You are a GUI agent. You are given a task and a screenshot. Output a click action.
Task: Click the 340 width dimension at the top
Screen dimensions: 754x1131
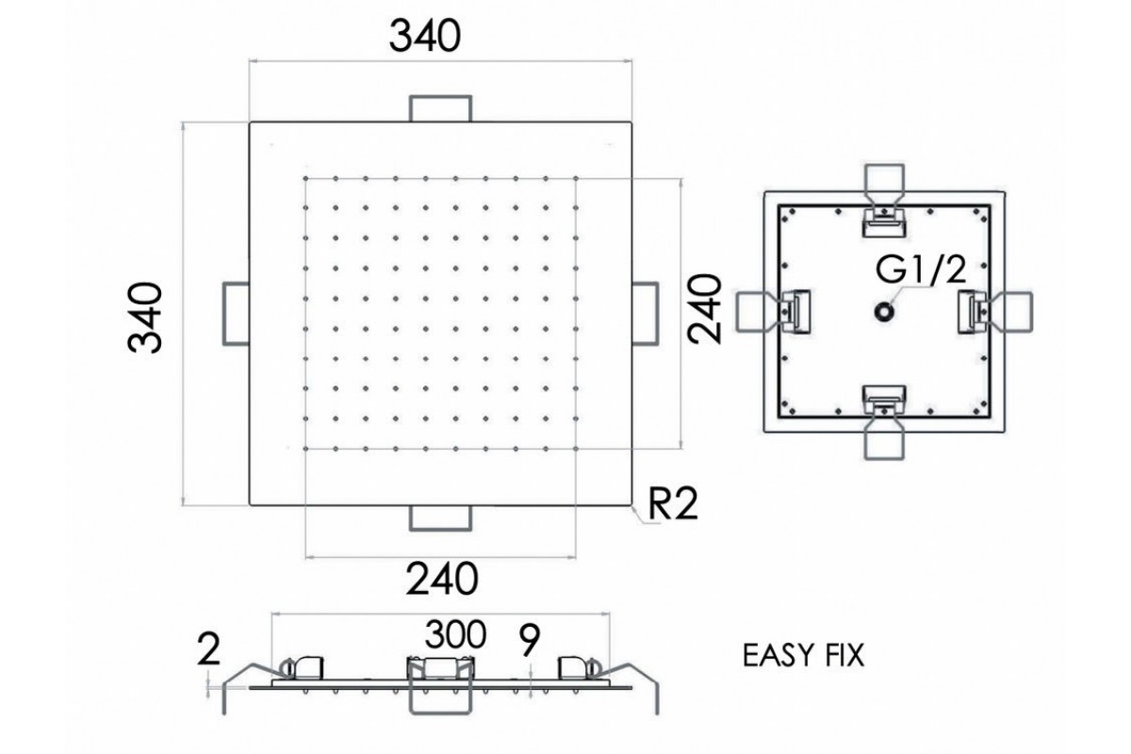[426, 38]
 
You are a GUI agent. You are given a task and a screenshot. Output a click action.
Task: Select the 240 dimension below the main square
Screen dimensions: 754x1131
[440, 578]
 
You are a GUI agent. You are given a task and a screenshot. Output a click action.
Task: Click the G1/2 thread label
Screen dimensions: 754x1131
[921, 271]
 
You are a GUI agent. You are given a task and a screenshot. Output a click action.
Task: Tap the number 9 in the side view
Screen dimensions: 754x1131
[529, 641]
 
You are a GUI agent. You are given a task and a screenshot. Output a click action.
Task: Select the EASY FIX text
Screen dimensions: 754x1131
[803, 654]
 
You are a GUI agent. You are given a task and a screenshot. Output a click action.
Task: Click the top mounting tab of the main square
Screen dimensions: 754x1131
[440, 108]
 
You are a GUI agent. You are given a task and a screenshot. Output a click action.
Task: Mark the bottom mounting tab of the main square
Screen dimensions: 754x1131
[440, 517]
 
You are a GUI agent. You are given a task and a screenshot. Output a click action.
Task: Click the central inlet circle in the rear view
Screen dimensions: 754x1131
[884, 310]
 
